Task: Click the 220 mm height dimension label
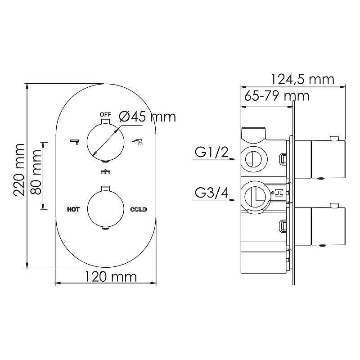pyautogui.click(x=19, y=170)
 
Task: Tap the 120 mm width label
pyautogui.click(x=111, y=277)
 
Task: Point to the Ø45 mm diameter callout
pyautogui.click(x=148, y=117)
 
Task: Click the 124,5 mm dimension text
pyautogui.click(x=302, y=80)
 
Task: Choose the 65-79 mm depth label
pyautogui.click(x=277, y=96)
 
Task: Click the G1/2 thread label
pyautogui.click(x=211, y=152)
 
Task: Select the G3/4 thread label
pyautogui.click(x=211, y=193)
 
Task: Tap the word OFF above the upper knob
pyautogui.click(x=105, y=114)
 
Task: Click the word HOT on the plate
pyautogui.click(x=73, y=209)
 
